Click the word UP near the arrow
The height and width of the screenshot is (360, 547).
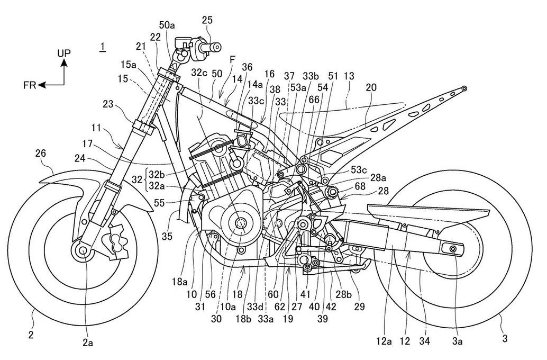pyautogui.click(x=63, y=53)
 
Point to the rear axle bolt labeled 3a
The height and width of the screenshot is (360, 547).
pyautogui.click(x=453, y=248)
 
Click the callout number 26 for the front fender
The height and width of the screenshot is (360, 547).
pyautogui.click(x=41, y=154)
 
